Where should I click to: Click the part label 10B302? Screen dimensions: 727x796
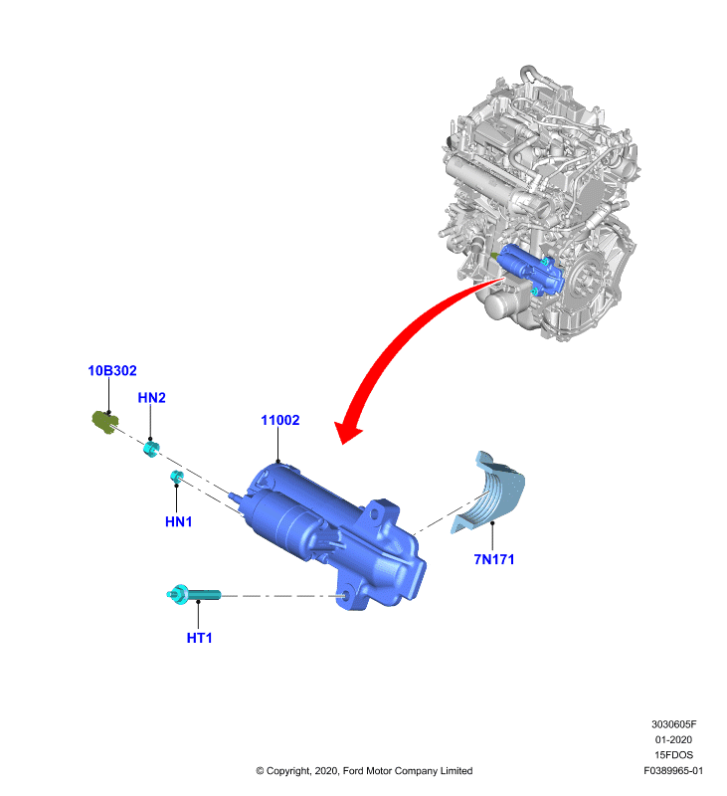point(112,370)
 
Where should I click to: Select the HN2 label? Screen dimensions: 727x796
point(152,397)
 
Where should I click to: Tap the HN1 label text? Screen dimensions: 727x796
point(179,521)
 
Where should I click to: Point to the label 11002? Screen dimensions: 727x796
point(280,420)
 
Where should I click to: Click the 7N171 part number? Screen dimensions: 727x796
point(493,559)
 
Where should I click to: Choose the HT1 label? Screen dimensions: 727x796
point(199,638)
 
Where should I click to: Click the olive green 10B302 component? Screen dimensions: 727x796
point(105,422)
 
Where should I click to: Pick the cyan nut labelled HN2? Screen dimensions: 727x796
point(151,449)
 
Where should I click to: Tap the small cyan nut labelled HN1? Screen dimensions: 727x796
point(176,477)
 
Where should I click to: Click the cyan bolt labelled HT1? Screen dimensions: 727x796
point(194,594)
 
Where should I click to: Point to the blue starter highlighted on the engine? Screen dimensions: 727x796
point(530,270)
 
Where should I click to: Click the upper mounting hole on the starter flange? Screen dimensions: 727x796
point(375,514)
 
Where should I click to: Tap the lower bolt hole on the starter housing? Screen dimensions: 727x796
point(346,596)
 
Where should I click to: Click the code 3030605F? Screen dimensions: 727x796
point(673,724)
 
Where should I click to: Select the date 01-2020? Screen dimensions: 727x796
point(673,739)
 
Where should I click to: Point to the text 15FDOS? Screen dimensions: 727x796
point(673,755)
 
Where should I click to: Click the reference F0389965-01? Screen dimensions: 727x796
point(673,770)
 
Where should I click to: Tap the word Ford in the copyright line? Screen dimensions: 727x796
point(353,770)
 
